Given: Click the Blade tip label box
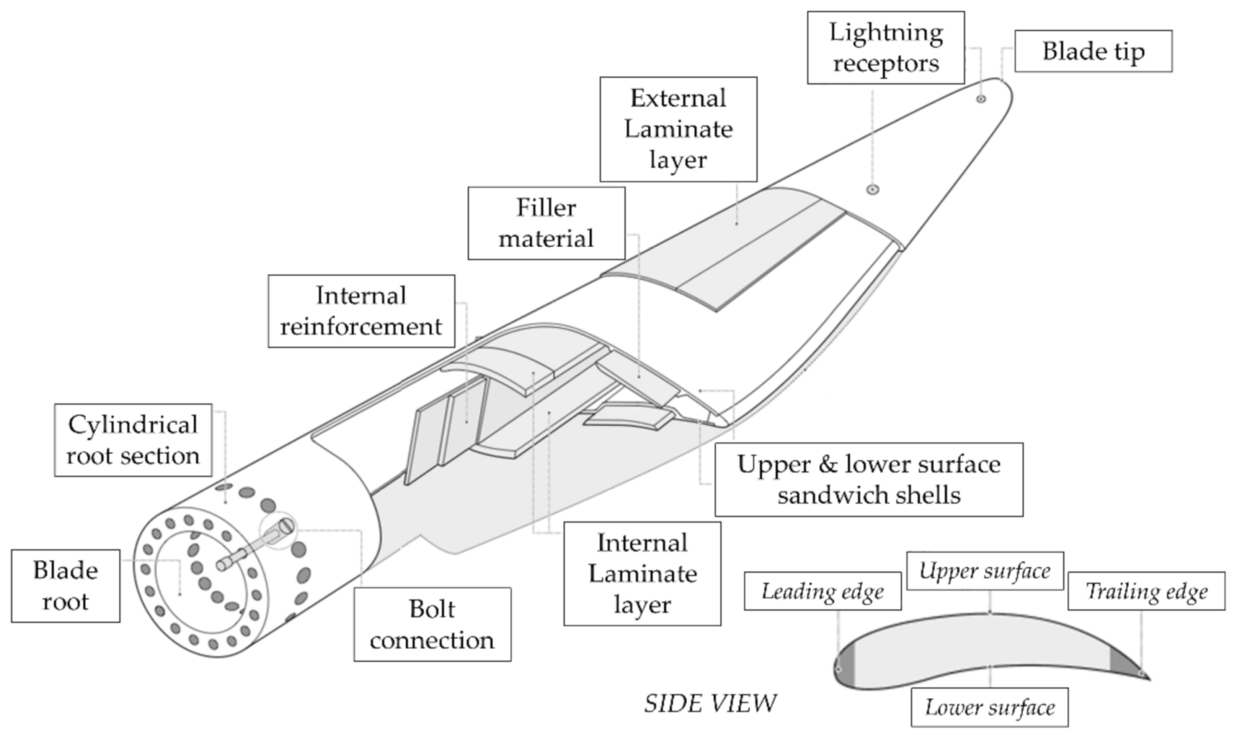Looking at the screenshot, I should tap(1093, 51).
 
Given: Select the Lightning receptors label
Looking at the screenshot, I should tap(886, 48).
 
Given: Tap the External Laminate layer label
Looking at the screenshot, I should tap(678, 129).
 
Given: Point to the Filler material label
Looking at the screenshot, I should tap(546, 223).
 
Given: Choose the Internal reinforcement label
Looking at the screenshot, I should tap(361, 311).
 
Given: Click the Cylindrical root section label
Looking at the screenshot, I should tap(133, 440).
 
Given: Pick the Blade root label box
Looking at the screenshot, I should tap(65, 586).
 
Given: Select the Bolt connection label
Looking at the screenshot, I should tap(432, 624).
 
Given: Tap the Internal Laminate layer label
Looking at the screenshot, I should tap(642, 573).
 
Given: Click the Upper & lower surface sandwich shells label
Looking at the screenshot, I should tap(869, 479).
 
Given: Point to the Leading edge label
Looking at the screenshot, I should tap(823, 591).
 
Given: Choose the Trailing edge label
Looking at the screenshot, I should tap(1146, 591).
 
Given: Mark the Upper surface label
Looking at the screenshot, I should tap(985, 571).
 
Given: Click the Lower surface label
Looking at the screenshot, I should tap(990, 707).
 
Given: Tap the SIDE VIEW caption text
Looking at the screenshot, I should tap(710, 703).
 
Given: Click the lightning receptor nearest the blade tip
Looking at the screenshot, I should tap(981, 99).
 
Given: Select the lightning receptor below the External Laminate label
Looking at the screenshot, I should tap(873, 189).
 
